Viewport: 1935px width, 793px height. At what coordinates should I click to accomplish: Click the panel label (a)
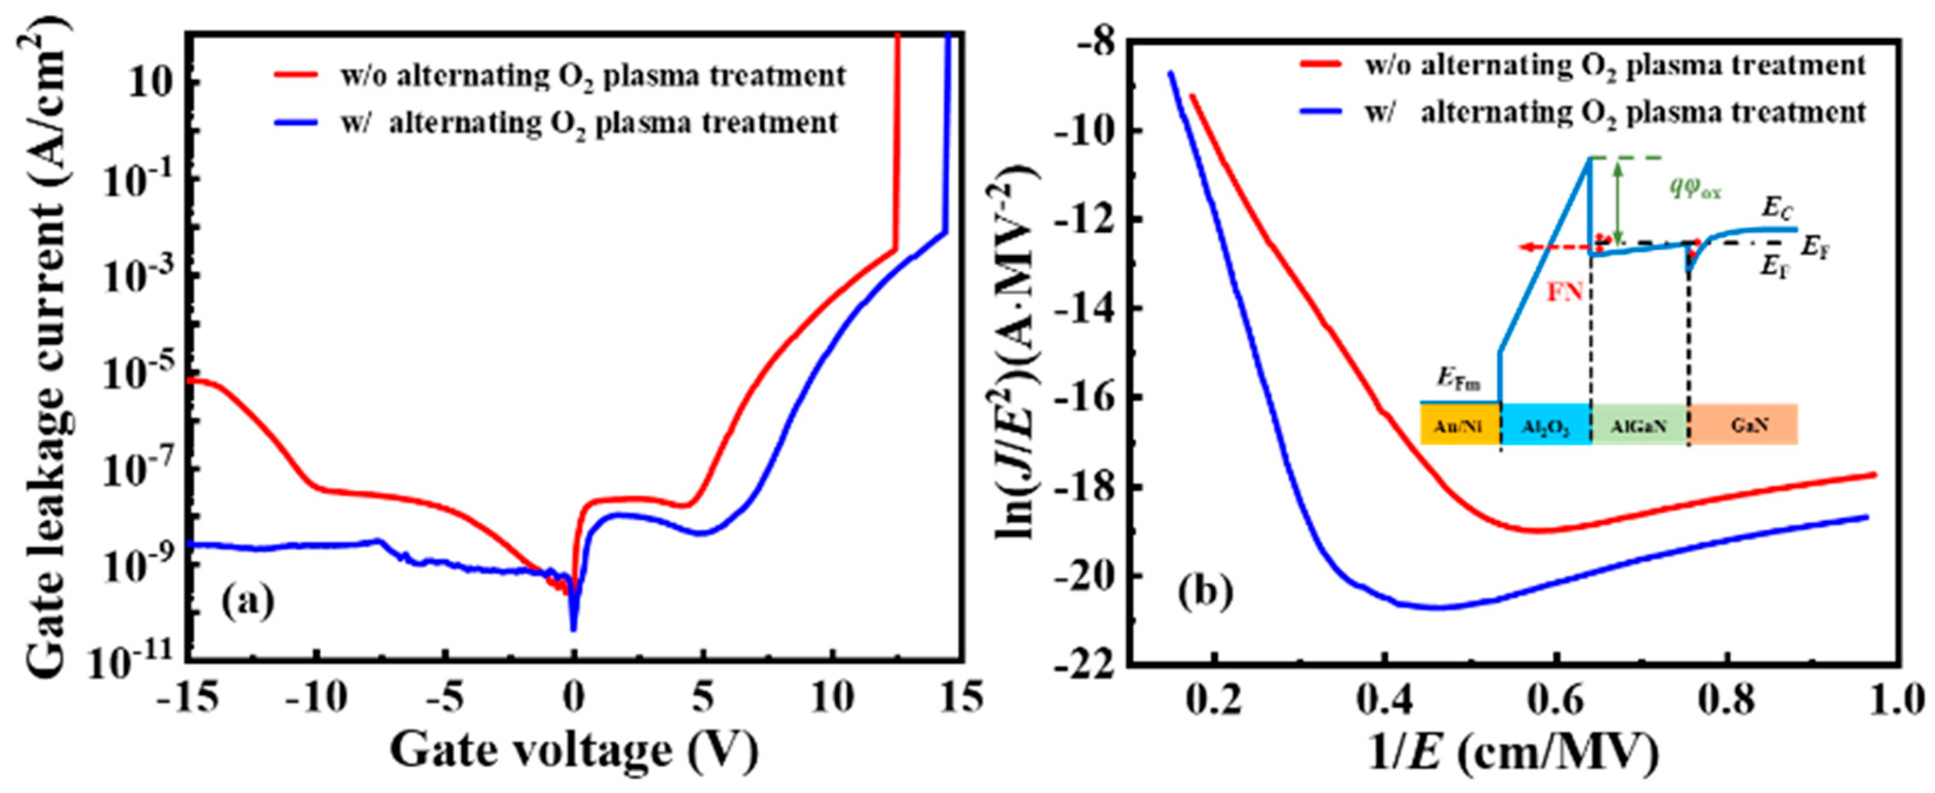[x=248, y=602]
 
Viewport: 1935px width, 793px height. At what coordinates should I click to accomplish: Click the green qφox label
[x=1695, y=189]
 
